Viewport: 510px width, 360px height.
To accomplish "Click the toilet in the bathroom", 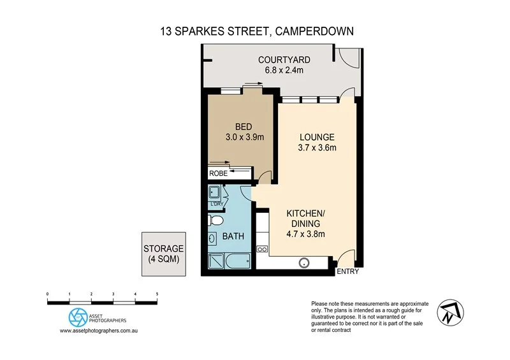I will (x=215, y=221).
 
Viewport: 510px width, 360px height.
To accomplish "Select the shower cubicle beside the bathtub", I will (x=215, y=261).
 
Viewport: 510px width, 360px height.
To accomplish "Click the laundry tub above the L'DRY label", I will (x=214, y=192).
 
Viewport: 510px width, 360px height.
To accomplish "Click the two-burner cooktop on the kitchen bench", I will (x=261, y=248).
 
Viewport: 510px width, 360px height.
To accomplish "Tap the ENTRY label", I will (x=348, y=271).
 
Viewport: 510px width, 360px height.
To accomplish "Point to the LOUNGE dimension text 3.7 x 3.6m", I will (x=317, y=148).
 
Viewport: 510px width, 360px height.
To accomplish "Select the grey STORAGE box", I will (x=164, y=254).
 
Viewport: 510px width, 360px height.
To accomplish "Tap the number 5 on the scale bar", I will (x=157, y=294).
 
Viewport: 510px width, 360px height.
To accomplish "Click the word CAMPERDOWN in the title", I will (x=314, y=30).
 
